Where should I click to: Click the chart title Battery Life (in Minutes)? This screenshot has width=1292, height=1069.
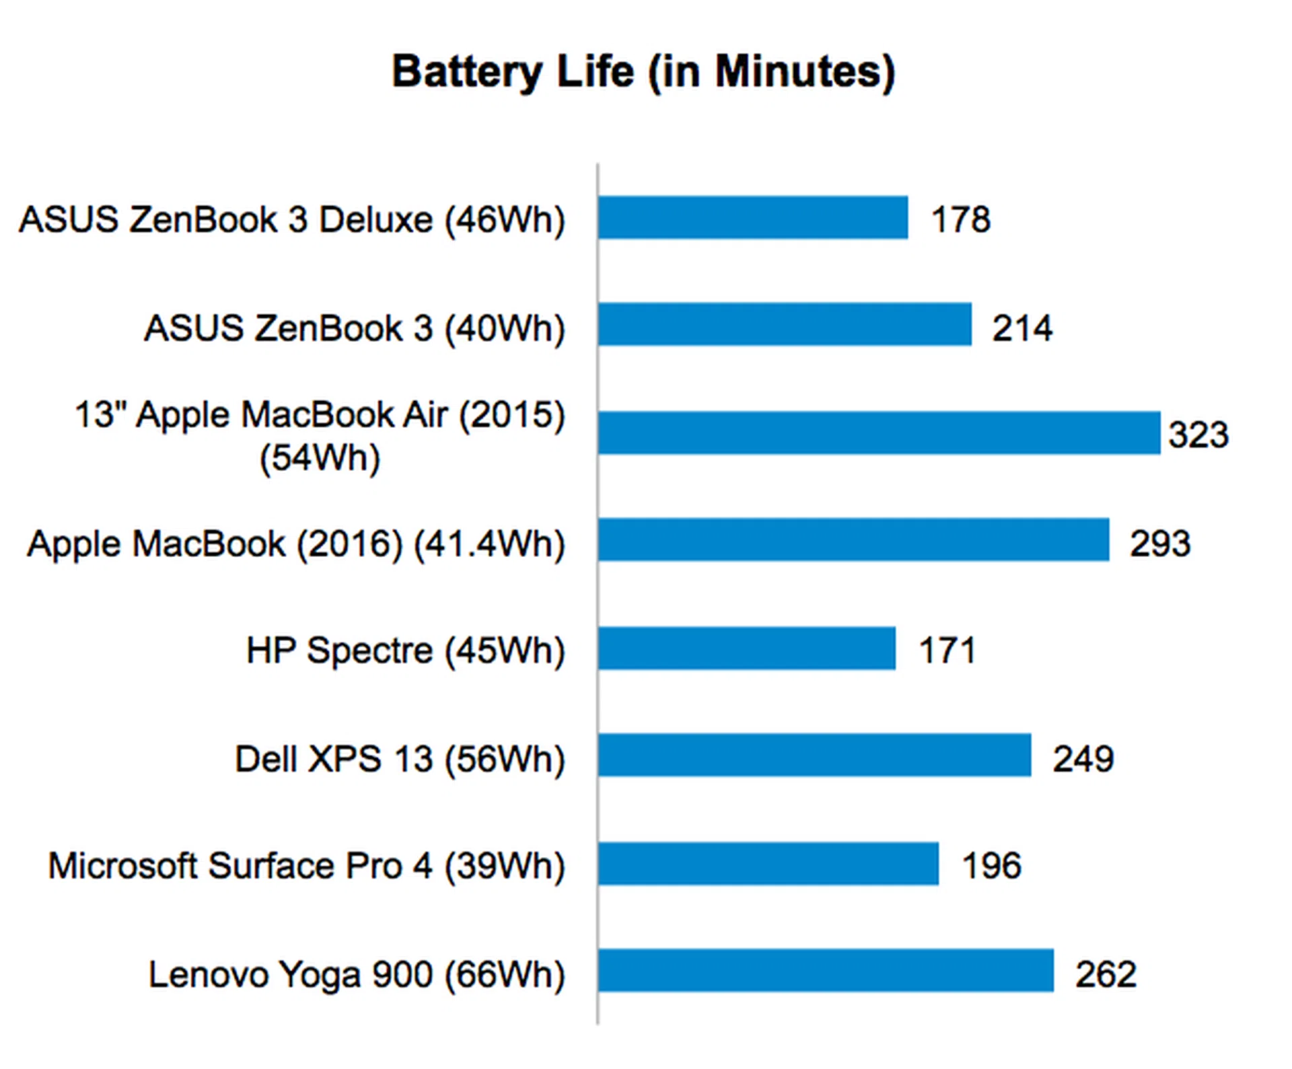point(643,71)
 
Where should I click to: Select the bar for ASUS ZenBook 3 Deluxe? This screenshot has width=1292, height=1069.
point(752,217)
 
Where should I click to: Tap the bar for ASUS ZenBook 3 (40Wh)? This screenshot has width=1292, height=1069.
point(785,324)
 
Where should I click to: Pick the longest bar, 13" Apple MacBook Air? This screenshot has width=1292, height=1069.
point(879,433)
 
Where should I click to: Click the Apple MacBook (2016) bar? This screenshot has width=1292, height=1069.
point(853,540)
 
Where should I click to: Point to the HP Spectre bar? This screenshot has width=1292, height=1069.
point(747,649)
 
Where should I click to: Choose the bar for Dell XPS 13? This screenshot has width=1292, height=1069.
point(814,755)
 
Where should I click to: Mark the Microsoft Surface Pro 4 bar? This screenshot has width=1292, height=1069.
point(768,864)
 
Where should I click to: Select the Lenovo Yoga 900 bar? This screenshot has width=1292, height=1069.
point(826,971)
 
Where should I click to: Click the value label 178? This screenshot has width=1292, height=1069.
point(961,219)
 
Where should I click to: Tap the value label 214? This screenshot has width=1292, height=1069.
point(1022,328)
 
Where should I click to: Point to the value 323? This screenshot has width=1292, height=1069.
point(1198,435)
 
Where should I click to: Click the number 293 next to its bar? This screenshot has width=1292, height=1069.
point(1160,544)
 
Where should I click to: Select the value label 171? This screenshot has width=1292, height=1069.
point(947,651)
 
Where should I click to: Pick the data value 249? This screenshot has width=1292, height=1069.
point(1083,759)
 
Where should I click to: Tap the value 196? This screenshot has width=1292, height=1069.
point(992,866)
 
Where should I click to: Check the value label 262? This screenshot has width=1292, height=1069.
point(1106,974)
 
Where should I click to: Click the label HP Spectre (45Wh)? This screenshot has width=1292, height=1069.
point(406,651)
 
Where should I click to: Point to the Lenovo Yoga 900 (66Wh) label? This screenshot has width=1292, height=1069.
point(357,974)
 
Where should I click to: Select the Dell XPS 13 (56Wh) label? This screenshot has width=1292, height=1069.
point(400,759)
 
